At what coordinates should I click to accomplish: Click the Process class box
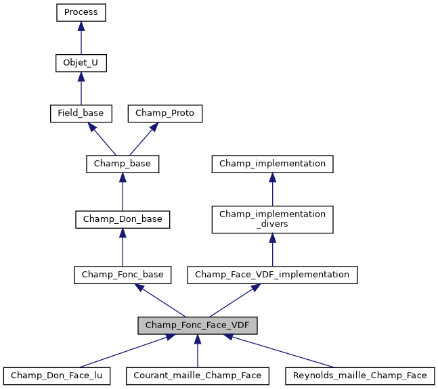coord(81,12)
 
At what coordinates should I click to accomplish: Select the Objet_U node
coord(81,63)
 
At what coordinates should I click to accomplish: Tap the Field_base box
coord(81,113)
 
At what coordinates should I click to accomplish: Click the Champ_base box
coord(123,163)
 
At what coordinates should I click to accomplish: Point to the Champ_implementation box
coord(272,163)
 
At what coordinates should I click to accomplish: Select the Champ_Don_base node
coord(123,219)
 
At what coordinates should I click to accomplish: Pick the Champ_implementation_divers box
coord(272,219)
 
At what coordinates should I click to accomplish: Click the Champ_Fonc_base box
coord(123,274)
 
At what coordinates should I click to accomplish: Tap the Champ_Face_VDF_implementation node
coord(272,274)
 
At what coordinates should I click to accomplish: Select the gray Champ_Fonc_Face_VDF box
coord(197,325)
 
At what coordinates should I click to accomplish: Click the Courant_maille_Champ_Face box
coord(197,375)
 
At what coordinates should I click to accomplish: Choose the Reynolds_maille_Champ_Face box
coord(359,375)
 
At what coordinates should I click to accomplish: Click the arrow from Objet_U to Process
coord(81,38)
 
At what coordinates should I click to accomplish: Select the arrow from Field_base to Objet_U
coord(81,88)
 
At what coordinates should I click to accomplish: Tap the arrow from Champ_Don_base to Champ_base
coord(123,191)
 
